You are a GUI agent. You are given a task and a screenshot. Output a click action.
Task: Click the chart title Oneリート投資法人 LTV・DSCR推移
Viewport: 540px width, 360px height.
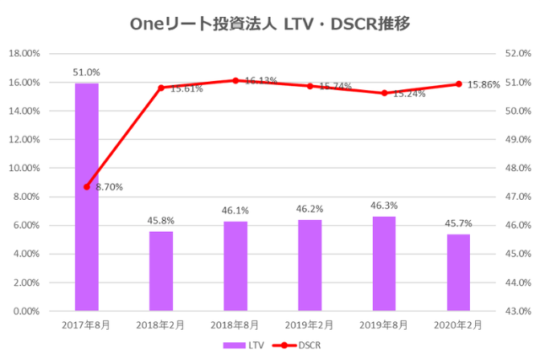click(270, 24)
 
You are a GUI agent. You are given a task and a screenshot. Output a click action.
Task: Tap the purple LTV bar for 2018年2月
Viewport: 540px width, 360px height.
click(161, 271)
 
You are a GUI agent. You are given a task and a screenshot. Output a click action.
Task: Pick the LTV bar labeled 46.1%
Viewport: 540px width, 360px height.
click(235, 266)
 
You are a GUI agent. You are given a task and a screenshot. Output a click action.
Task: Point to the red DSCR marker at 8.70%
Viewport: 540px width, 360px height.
click(87, 186)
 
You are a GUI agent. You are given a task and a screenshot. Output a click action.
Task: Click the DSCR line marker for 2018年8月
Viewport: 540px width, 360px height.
click(235, 80)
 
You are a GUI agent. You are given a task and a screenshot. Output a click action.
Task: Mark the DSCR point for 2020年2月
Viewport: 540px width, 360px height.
click(458, 83)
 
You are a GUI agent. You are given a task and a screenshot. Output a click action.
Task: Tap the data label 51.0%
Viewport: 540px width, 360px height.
click(87, 73)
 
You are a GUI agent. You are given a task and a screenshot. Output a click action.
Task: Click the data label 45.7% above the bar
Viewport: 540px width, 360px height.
click(458, 223)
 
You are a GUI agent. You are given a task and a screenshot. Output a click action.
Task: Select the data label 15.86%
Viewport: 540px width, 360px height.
click(483, 84)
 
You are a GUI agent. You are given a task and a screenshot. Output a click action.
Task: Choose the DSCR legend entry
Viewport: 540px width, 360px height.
click(300, 345)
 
